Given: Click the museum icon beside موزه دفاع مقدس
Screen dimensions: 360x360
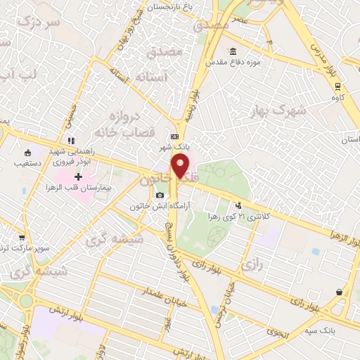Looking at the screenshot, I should point(233,52).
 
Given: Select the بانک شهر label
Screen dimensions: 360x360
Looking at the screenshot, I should point(176,148).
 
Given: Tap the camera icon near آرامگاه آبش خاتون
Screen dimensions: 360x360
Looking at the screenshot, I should point(160,195).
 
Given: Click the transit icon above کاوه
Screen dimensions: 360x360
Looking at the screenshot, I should point(339,86).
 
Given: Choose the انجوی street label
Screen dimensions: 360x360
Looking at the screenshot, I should point(277,329).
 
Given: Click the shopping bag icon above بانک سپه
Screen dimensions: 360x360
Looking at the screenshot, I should point(340,292).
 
